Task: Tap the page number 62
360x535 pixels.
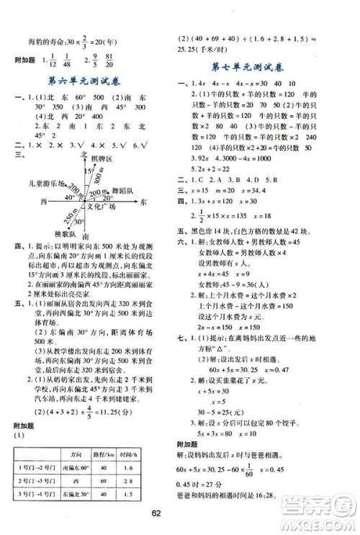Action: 180,513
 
